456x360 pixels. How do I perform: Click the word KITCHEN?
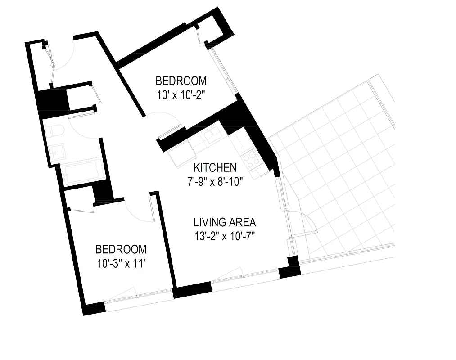[x=215, y=168]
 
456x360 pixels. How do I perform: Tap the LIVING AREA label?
[x=225, y=222]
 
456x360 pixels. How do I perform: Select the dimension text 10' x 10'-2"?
[x=181, y=95]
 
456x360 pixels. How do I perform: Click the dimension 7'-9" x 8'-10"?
[x=215, y=182]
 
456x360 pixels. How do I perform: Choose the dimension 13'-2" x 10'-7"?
[x=225, y=236]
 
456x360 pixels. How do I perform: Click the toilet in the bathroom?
[x=56, y=132]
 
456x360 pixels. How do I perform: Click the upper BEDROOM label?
[x=181, y=81]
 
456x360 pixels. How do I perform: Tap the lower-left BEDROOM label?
[x=121, y=249]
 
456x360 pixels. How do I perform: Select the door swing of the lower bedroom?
[x=140, y=211]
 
